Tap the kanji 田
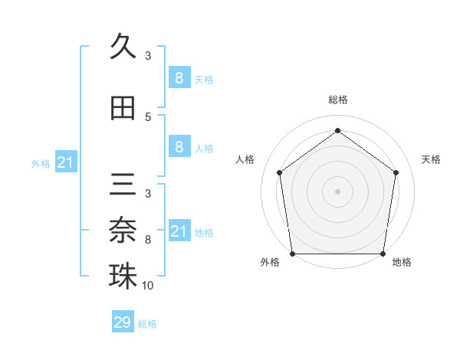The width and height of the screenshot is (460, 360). click(x=123, y=108)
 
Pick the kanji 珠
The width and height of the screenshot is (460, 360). click(x=123, y=276)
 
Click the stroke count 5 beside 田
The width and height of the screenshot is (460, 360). click(x=148, y=117)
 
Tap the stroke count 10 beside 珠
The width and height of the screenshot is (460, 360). click(x=148, y=286)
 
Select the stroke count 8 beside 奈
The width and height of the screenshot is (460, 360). click(x=148, y=240)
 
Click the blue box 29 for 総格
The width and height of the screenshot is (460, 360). click(x=123, y=322)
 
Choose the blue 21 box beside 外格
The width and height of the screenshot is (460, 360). click(x=66, y=162)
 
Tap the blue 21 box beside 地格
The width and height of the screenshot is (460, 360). click(x=179, y=231)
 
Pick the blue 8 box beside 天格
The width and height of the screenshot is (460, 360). click(x=179, y=77)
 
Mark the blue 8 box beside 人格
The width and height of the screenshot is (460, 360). click(x=179, y=147)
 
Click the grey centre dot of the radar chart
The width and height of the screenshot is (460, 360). click(x=337, y=191)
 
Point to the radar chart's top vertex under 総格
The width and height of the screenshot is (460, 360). click(x=337, y=130)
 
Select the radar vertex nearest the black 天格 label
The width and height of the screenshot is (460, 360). click(x=396, y=172)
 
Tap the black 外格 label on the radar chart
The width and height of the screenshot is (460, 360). click(x=270, y=262)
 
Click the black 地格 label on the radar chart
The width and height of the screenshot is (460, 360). click(x=402, y=262)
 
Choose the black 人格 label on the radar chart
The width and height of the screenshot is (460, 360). click(x=245, y=159)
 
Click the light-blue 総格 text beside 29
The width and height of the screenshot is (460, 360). click(x=147, y=324)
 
